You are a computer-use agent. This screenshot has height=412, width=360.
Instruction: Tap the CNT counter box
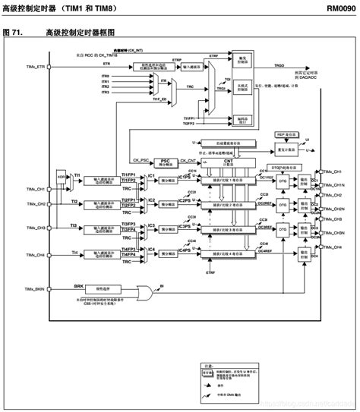[x=228, y=162]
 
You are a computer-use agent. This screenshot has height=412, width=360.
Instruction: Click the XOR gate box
[x=61, y=182]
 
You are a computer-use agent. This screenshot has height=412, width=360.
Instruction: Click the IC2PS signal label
[x=185, y=200]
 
